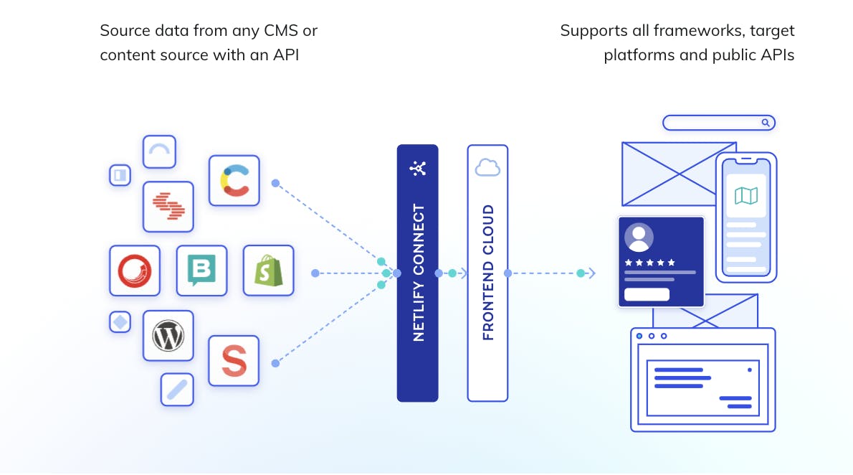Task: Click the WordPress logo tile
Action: tap(168, 335)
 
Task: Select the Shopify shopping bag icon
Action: tap(268, 271)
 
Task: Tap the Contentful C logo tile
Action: tap(234, 181)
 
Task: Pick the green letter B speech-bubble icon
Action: tap(201, 271)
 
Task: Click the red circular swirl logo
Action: tap(135, 271)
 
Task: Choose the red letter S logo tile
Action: tap(234, 361)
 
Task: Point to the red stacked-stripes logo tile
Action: tap(168, 207)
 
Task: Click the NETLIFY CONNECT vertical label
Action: tap(419, 273)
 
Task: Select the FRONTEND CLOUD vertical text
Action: tap(488, 273)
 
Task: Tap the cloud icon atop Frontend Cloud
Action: tap(487, 168)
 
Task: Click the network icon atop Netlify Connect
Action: tap(418, 169)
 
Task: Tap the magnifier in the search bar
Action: tap(766, 123)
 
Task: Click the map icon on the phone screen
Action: tap(746, 195)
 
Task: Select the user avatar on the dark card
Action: tap(639, 237)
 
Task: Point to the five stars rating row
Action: tap(650, 262)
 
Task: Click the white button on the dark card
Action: tap(647, 294)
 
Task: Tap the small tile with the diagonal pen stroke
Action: tap(176, 390)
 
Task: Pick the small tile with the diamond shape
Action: tap(120, 322)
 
